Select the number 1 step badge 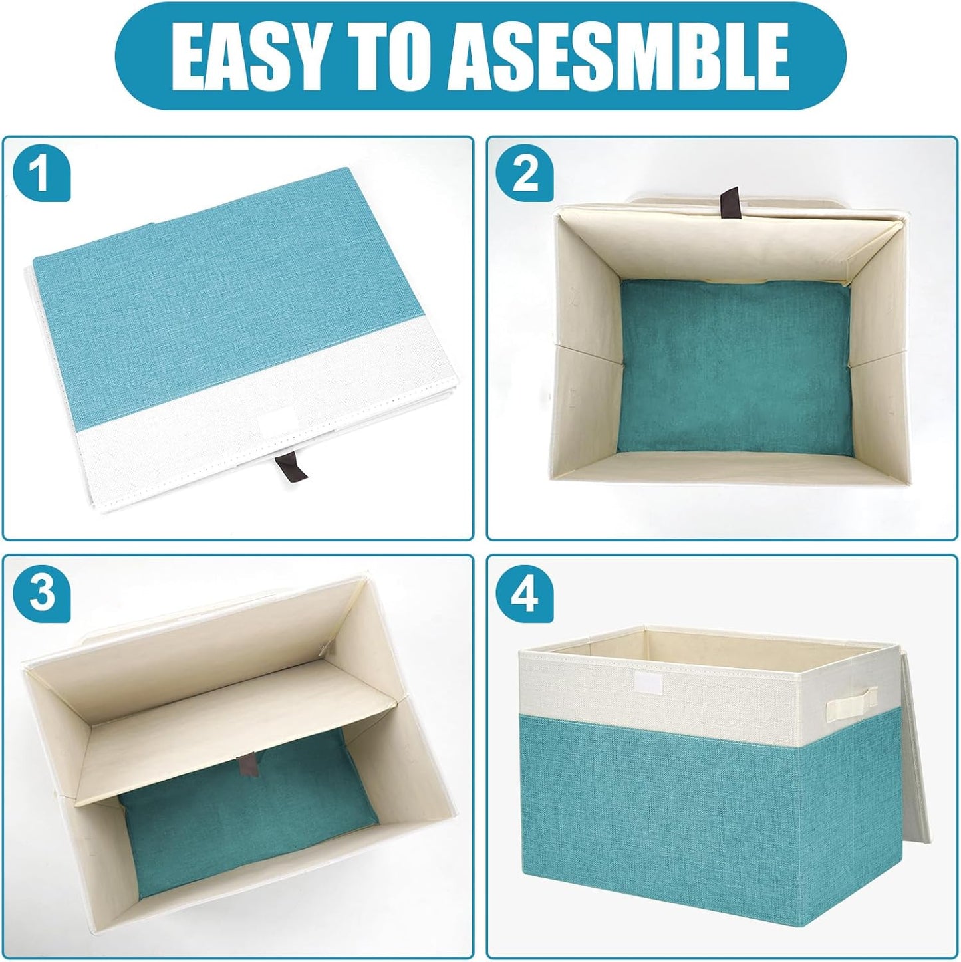point(41,176)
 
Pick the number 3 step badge point(41,594)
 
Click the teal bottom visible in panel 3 point(246,838)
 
